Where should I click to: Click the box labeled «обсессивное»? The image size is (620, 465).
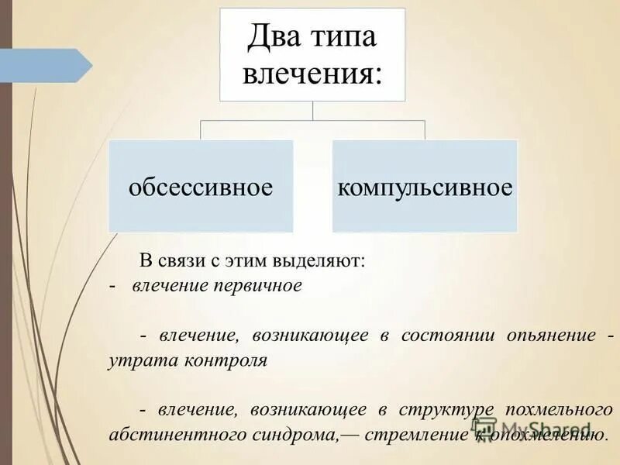pyautogui.click(x=201, y=186)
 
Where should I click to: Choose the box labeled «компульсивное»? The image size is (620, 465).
pyautogui.click(x=425, y=186)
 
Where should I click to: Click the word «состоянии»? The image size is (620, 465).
pyautogui.click(x=437, y=336)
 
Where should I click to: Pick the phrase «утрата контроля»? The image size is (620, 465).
pyautogui.click(x=188, y=360)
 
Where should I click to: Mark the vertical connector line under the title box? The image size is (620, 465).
pyautogui.click(x=312, y=111)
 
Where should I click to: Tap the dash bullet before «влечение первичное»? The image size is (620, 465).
pyautogui.click(x=113, y=285)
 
